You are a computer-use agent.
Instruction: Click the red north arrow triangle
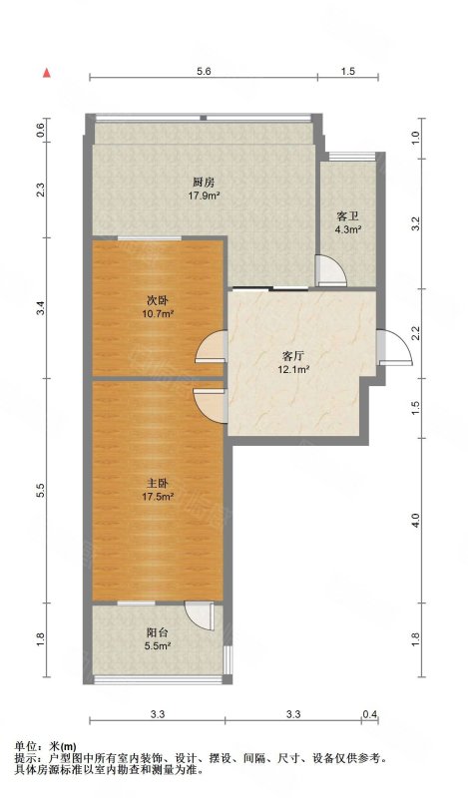[x=46, y=73]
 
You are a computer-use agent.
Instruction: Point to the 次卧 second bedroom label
[x=158, y=302]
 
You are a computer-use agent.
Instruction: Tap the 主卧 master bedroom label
[x=158, y=484]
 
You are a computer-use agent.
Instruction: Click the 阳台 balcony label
[x=157, y=633]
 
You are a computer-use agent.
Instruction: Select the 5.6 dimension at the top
[x=204, y=71]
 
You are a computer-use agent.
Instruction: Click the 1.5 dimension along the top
[x=348, y=71]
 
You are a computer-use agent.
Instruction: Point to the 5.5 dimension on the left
[x=41, y=490]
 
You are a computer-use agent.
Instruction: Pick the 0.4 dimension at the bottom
[x=370, y=714]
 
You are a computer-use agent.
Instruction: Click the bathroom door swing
[x=330, y=269]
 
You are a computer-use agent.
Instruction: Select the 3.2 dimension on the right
[x=416, y=223]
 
